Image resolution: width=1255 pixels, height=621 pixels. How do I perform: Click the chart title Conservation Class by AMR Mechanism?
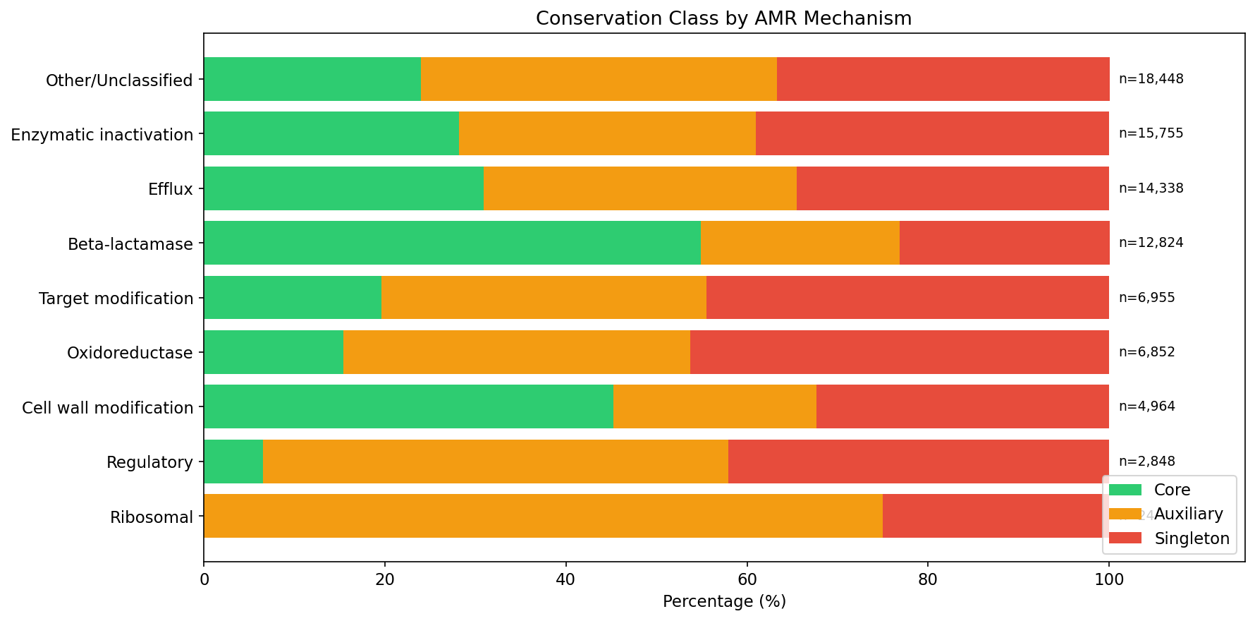723,18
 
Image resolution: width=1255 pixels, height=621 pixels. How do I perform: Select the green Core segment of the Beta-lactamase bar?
452,243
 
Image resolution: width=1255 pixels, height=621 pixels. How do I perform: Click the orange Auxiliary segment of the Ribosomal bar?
543,516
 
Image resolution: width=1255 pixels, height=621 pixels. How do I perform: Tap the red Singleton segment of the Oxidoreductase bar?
899,352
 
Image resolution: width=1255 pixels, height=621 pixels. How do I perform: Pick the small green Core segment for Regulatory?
233,462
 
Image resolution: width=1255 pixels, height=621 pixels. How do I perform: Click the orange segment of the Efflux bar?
639,188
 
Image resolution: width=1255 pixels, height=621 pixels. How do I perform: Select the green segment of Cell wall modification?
408,406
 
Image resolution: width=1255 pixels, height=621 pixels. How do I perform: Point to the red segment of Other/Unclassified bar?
943,79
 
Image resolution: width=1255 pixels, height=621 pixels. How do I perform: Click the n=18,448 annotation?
1151,79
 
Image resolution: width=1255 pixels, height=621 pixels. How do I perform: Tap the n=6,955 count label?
1146,298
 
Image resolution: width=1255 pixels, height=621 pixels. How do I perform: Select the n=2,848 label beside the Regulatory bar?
1146,462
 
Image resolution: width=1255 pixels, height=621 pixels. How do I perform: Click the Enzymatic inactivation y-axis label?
102,134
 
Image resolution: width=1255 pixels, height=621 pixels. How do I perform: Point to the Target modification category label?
116,299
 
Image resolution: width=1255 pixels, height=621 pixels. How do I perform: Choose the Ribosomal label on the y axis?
152,517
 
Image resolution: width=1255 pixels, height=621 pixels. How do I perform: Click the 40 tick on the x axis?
565,580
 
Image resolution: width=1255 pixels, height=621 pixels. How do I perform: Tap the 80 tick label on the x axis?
927,580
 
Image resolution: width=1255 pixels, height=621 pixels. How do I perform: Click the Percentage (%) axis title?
724,601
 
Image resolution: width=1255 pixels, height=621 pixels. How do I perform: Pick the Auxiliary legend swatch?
1125,514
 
